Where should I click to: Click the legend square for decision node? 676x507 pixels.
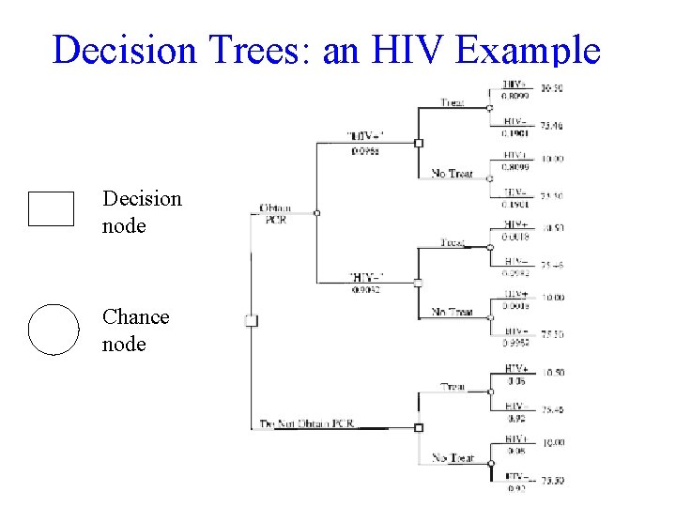click(x=51, y=208)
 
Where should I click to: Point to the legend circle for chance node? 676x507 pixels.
click(x=54, y=330)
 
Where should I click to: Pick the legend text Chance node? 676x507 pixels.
click(x=135, y=330)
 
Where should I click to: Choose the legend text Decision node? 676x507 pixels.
click(x=142, y=212)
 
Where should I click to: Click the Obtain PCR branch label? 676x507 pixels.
click(x=274, y=213)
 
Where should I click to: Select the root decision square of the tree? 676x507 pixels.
click(x=251, y=320)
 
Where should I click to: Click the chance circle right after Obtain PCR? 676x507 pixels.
click(x=317, y=213)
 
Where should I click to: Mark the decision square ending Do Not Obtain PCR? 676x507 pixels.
click(x=419, y=427)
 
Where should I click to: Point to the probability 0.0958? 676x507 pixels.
click(x=364, y=150)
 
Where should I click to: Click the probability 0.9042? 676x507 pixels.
click(x=363, y=289)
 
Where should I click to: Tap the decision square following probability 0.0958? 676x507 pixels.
click(x=419, y=143)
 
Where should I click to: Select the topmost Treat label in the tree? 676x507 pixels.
click(x=453, y=101)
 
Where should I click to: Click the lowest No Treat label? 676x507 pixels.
click(x=453, y=458)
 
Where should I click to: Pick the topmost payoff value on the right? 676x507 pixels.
click(x=552, y=88)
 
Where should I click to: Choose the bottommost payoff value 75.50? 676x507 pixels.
click(x=552, y=482)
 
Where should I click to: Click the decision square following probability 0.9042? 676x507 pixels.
click(x=419, y=282)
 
